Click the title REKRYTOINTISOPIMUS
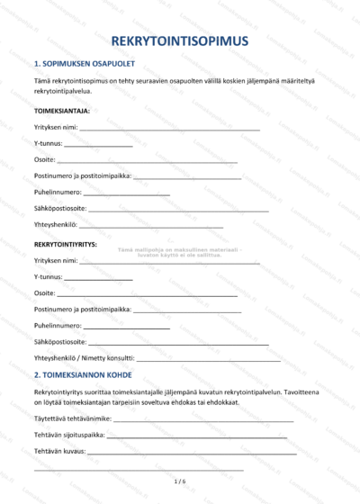180,41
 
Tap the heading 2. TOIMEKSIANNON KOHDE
83,374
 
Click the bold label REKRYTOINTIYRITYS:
66,244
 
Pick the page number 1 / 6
179,481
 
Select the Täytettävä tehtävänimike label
72,418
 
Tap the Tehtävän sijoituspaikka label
69,435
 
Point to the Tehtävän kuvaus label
59,451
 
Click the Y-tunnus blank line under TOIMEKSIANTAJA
99,146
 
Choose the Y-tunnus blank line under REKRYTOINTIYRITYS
99,278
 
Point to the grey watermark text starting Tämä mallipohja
180,252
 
